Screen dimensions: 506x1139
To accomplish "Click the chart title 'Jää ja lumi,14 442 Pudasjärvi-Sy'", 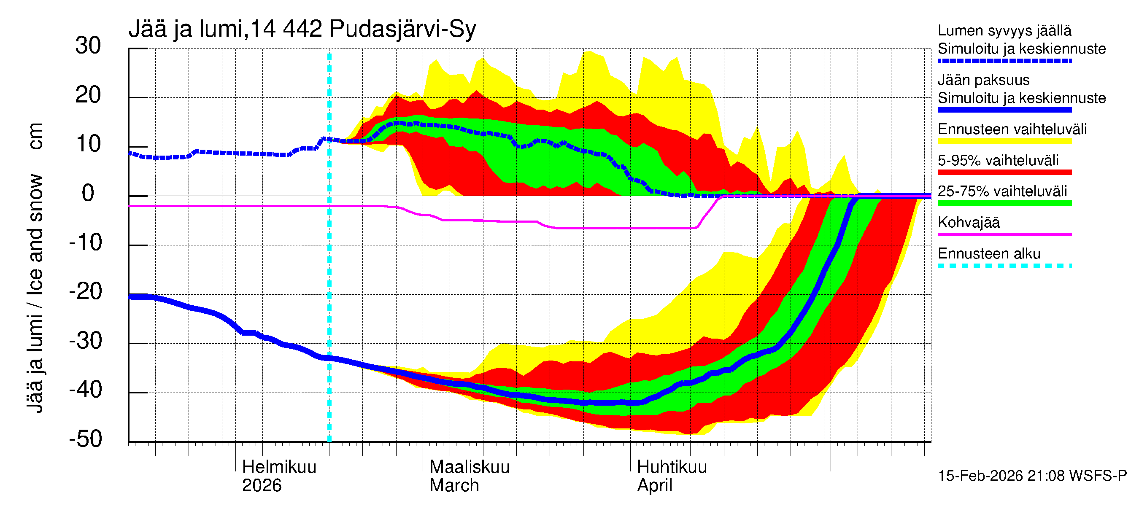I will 302,29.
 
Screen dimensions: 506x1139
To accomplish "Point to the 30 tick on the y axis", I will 88,46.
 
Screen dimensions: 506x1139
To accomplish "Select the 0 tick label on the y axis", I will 88,194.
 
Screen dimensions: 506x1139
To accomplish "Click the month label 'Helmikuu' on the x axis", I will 279,467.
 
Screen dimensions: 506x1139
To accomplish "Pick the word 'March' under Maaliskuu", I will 453,486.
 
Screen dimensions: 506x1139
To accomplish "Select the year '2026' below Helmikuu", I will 261,486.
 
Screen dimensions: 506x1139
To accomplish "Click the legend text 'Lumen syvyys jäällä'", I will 1004,31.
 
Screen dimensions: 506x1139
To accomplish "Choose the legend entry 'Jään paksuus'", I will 983,80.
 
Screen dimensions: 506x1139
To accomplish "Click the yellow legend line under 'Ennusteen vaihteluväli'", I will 1004,141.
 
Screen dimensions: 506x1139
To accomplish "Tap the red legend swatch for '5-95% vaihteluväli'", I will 1004,172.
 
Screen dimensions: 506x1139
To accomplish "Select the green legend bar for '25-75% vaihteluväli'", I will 1004,203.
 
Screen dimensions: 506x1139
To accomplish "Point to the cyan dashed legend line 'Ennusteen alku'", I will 1004,266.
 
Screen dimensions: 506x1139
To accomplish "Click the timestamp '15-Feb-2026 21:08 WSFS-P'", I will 1032,476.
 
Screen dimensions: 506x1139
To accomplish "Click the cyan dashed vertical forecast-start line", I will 329,265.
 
